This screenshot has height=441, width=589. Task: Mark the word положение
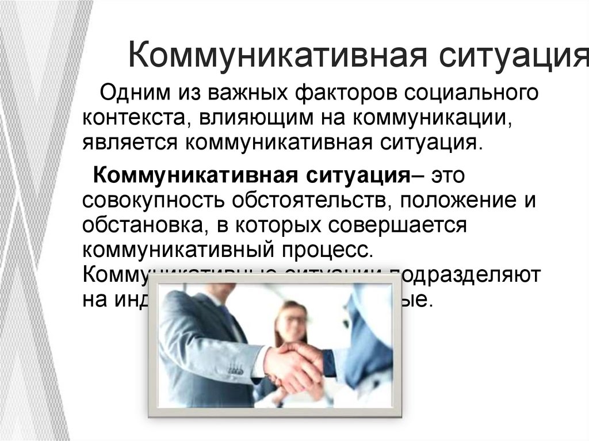click(460, 200)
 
